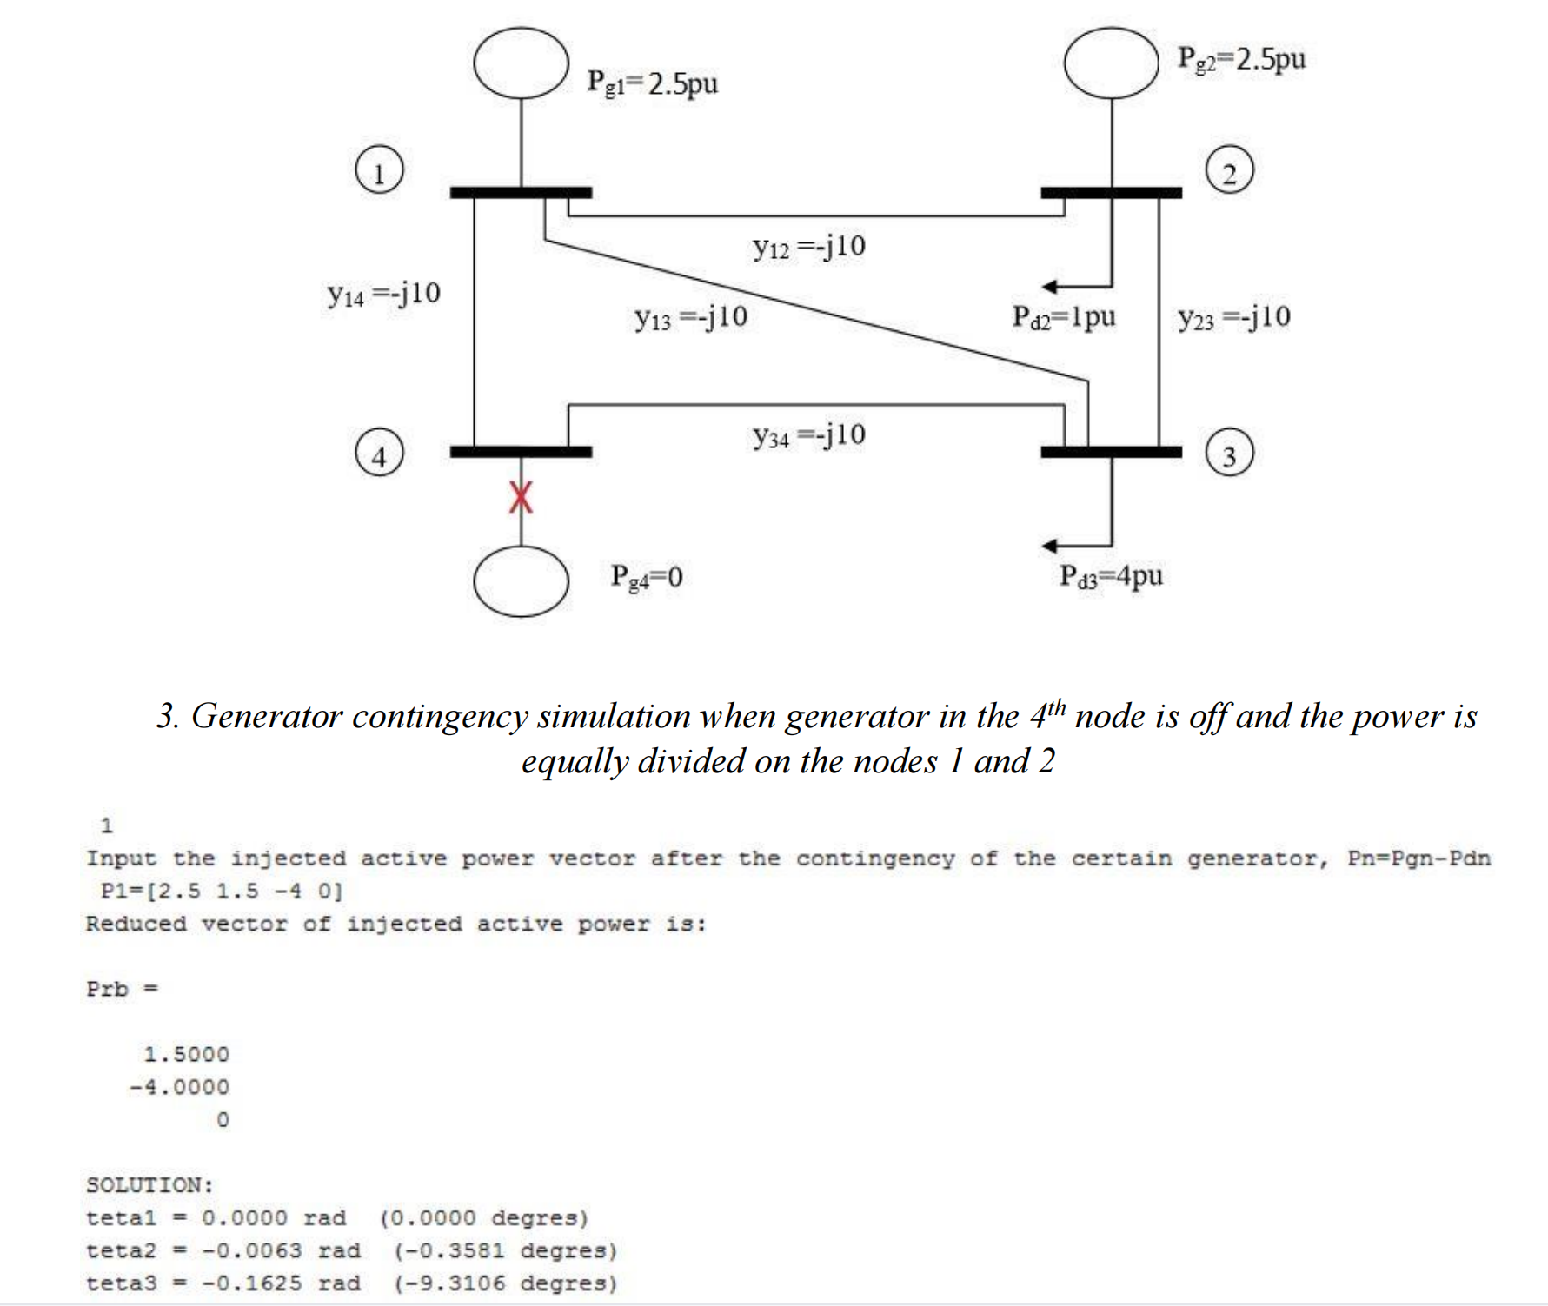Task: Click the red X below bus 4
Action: coord(521,497)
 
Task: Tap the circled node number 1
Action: coord(379,170)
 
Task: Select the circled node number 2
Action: coord(1229,170)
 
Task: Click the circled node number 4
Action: coord(379,454)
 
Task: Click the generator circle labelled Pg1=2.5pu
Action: coord(521,63)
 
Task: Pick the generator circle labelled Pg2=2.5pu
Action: coord(1111,63)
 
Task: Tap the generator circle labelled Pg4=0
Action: coord(521,580)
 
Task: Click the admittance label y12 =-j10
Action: coord(809,247)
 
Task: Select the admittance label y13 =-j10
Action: coord(691,317)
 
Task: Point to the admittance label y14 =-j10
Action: coord(383,294)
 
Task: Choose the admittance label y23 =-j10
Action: coord(1234,317)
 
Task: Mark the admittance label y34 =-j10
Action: coord(809,434)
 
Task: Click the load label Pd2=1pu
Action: coord(1063,316)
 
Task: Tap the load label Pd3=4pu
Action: coord(1111,575)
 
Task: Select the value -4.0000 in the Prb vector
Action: coord(179,1087)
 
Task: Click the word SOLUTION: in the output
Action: coord(149,1185)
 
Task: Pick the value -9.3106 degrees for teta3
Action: coord(506,1283)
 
